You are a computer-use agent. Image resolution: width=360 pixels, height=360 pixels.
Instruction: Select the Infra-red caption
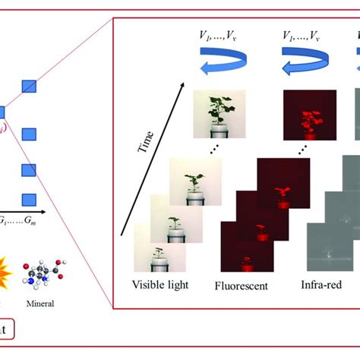coord(321,288)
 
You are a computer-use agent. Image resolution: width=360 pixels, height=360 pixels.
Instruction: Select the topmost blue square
coord(29,84)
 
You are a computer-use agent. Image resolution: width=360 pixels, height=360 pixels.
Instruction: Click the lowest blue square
coord(29,200)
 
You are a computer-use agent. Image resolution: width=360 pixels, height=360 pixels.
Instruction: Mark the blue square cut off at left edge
coord(2,112)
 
